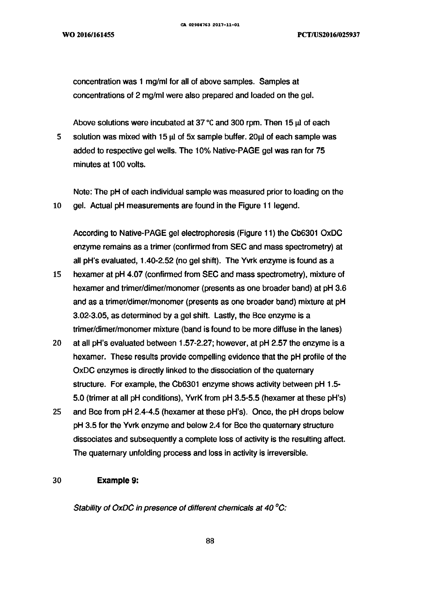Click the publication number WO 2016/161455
tap(88, 35)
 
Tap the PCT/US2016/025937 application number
tap(329, 35)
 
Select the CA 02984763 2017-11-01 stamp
tap(210, 25)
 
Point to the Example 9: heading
tap(118, 480)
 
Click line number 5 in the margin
tap(59, 137)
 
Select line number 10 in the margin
tap(57, 206)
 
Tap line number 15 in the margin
tap(57, 274)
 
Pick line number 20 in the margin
tap(57, 343)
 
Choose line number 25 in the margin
tap(57, 412)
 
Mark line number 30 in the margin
tap(57, 480)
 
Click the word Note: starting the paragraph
tap(83, 192)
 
